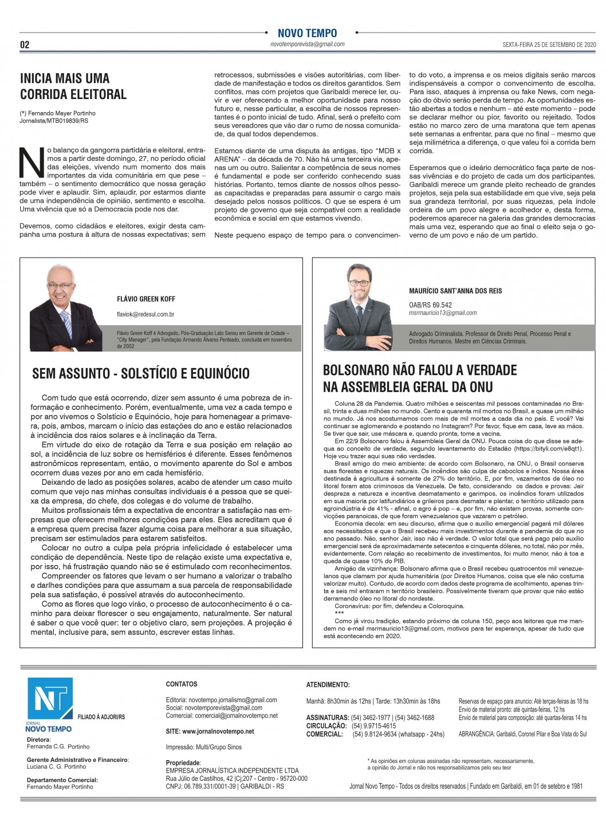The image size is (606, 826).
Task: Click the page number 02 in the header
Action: pyautogui.click(x=25, y=45)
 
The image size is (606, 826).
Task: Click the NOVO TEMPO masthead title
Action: pyautogui.click(x=307, y=33)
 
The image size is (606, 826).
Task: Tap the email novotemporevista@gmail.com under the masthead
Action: pyautogui.click(x=307, y=44)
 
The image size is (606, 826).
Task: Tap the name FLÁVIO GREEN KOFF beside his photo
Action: pyautogui.click(x=146, y=299)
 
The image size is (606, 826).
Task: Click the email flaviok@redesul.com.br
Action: pyautogui.click(x=145, y=314)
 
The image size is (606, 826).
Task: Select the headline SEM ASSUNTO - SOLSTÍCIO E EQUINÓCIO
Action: pyautogui.click(x=141, y=374)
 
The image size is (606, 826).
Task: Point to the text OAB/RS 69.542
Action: pyautogui.click(x=430, y=305)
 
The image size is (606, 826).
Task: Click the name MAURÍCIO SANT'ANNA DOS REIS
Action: pyautogui.click(x=455, y=291)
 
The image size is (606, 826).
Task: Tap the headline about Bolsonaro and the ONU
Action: pyautogui.click(x=420, y=378)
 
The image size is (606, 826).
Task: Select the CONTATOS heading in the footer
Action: pyautogui.click(x=182, y=684)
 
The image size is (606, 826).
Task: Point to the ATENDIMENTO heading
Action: pyautogui.click(x=328, y=685)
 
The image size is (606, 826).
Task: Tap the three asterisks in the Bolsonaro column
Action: pyautogui.click(x=339, y=613)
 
